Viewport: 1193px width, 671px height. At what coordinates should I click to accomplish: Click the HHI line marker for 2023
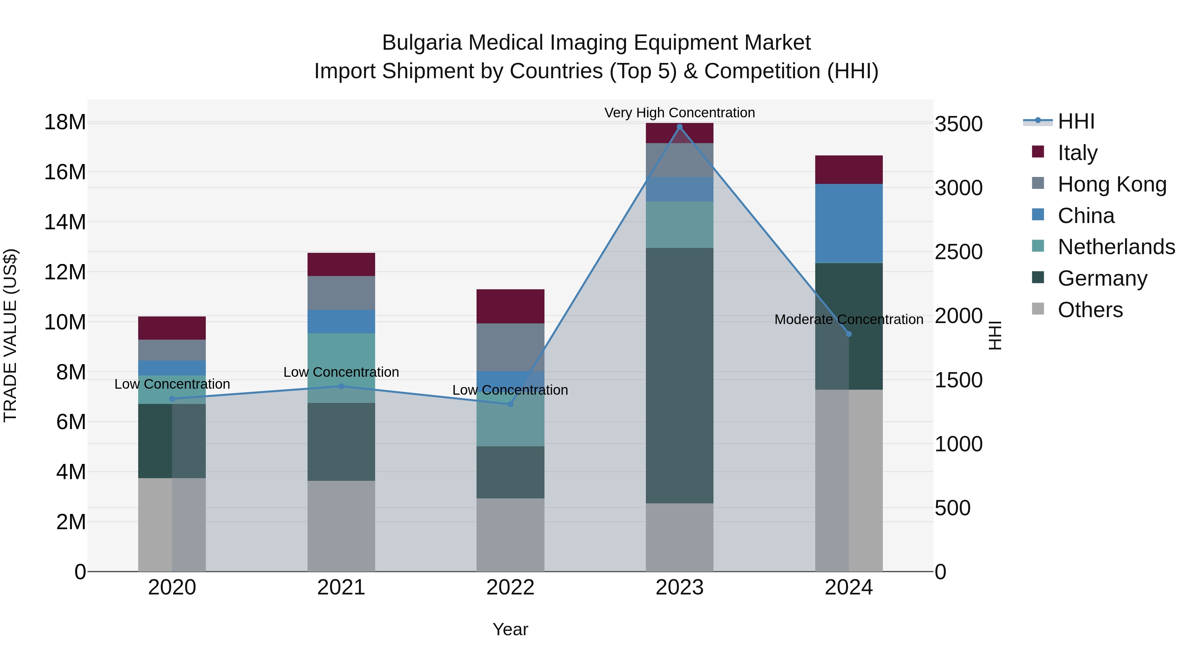(x=679, y=127)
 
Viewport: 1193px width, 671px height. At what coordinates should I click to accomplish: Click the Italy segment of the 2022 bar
(x=510, y=306)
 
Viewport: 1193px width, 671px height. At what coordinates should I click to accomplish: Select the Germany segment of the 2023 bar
(x=679, y=375)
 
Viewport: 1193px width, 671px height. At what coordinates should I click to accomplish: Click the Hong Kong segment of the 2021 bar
(x=341, y=293)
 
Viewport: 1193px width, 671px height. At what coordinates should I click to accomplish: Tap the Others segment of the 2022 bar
(x=510, y=534)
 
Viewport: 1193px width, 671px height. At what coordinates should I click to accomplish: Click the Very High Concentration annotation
(x=679, y=113)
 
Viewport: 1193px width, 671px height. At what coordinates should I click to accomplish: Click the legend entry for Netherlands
(x=1116, y=247)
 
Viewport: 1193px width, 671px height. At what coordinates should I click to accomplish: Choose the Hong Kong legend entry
(x=1111, y=184)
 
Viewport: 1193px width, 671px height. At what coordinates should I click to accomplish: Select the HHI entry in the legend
(x=1076, y=121)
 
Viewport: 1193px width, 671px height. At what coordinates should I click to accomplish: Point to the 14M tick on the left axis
(x=65, y=222)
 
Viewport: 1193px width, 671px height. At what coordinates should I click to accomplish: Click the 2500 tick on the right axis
(x=958, y=252)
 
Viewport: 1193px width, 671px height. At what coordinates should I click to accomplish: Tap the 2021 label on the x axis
(x=341, y=587)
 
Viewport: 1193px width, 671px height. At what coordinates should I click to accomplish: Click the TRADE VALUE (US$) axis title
(x=10, y=335)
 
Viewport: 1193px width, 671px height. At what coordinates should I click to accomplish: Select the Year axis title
(x=510, y=629)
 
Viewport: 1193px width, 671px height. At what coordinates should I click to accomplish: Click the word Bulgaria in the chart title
(x=422, y=43)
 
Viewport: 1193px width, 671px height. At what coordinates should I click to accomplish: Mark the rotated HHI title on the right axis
(x=995, y=335)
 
